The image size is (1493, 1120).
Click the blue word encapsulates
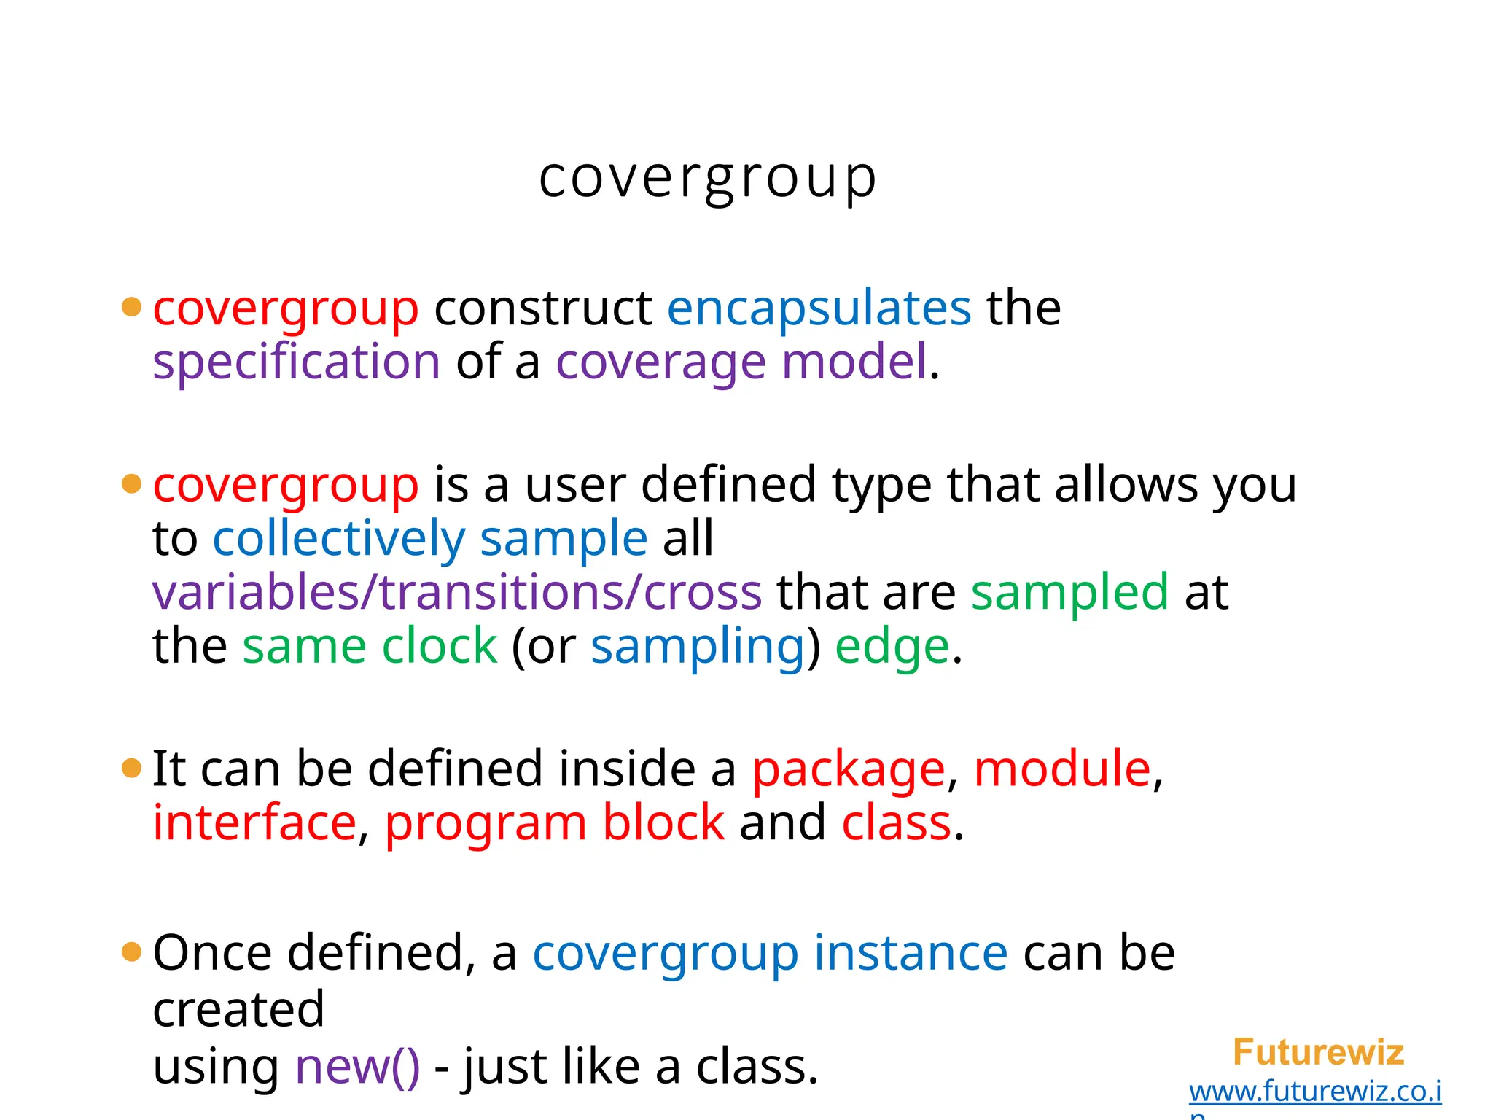tap(819, 308)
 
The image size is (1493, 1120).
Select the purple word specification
tap(296, 362)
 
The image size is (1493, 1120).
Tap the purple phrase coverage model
tap(741, 362)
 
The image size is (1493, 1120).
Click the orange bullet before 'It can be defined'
tap(131, 768)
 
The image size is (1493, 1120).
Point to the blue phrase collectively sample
tap(429, 538)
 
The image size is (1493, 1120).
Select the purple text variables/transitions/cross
tap(457, 591)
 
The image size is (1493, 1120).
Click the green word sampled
tap(1069, 591)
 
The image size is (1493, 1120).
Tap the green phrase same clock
tap(369, 646)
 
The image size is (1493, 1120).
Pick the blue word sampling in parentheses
tap(698, 646)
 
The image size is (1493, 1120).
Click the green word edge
tap(892, 646)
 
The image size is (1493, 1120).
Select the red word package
tap(849, 769)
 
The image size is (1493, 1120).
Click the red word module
tap(1062, 769)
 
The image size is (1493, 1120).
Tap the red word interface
tap(254, 822)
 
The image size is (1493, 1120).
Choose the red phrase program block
tap(555, 822)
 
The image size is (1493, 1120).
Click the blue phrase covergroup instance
tap(770, 952)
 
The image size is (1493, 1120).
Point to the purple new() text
tap(357, 1066)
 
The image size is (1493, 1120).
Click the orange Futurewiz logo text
tap(1318, 1052)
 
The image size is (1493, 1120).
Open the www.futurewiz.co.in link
tap(1314, 1091)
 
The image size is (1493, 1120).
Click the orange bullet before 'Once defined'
tap(131, 952)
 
